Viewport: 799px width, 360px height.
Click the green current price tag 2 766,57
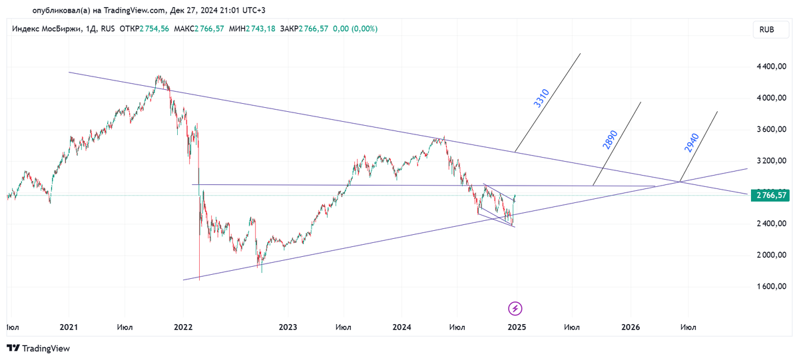(769, 195)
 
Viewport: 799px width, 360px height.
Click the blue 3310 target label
(541, 98)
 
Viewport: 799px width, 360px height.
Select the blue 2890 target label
(609, 140)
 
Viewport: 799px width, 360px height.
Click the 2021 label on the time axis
(69, 327)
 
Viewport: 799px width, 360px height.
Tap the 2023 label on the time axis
(288, 327)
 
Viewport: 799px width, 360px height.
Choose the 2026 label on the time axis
(631, 327)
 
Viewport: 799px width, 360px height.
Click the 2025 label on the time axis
(517, 327)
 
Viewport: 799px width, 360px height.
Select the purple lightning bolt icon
(515, 308)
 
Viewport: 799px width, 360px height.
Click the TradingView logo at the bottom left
(38, 348)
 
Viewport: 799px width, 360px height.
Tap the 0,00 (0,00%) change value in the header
(355, 29)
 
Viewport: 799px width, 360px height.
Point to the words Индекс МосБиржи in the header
(45, 29)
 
